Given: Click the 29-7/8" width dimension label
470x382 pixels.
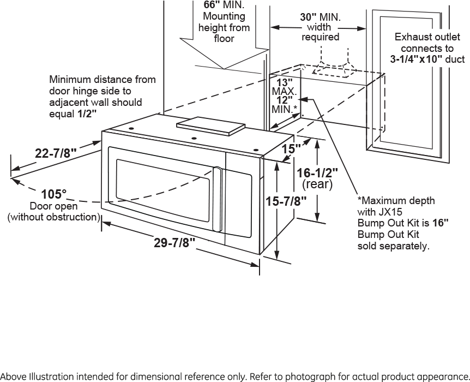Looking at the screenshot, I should tap(174, 243).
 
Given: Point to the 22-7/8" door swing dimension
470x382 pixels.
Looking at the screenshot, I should tap(55, 153).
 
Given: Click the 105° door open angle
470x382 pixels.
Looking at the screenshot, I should tap(53, 194).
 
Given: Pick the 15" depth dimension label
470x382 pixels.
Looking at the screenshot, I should tap(291, 148).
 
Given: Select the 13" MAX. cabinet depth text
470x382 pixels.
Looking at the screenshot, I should tap(283, 86).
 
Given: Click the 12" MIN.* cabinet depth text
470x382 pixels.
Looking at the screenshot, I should tap(284, 104).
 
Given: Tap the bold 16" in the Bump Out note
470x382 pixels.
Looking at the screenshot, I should tap(440, 223).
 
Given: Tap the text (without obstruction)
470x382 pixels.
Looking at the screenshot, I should tap(53, 217).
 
